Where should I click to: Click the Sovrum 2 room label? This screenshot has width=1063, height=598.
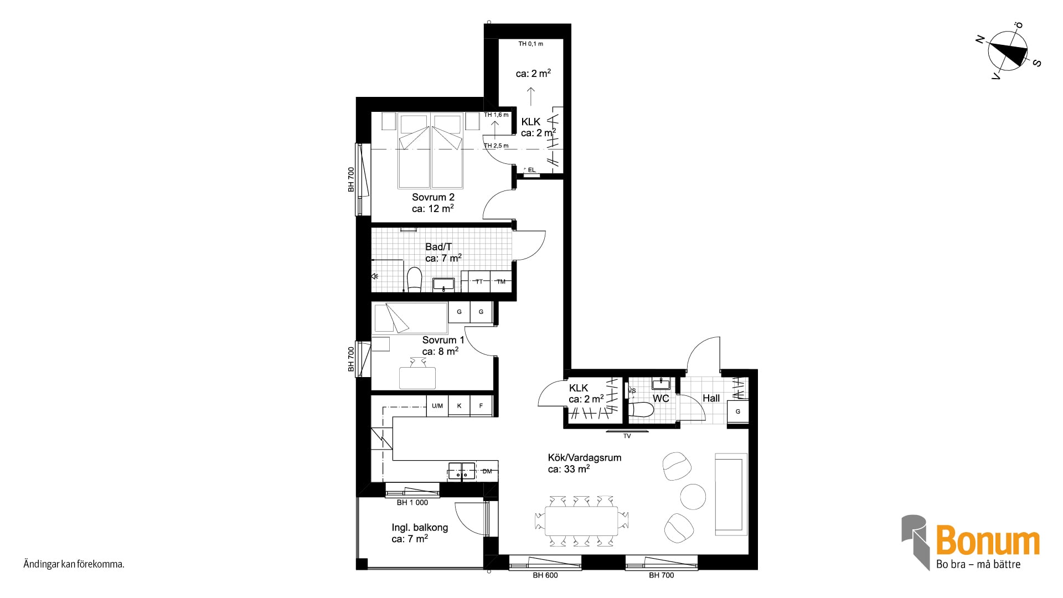coord(433,197)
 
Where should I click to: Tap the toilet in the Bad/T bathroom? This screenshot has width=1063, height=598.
coord(414,279)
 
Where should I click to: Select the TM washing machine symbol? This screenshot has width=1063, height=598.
coord(501,281)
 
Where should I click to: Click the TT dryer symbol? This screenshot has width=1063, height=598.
coord(479,281)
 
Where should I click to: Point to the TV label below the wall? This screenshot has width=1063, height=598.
coord(627,436)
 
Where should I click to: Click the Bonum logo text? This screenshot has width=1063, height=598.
coord(988,542)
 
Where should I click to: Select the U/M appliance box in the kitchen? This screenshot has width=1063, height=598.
coord(437,406)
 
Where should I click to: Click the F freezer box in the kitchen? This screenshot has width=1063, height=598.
coord(481,406)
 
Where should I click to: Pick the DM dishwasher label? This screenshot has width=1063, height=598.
coord(487,472)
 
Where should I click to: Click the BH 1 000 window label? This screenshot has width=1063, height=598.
coord(412,503)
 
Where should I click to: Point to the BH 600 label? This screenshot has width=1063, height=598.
coord(545,575)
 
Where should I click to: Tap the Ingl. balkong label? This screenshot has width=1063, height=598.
coord(420,528)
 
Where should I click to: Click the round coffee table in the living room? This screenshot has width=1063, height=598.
coord(693,497)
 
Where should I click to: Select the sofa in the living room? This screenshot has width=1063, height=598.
coord(731,494)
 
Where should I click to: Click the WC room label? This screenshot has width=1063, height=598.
coord(660,398)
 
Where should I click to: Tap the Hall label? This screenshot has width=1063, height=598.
coord(711,398)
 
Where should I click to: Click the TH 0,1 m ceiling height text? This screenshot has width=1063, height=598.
coord(530,44)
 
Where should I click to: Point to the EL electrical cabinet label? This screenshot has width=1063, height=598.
coord(531,170)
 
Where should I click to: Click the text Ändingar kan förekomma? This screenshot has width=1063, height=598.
coord(74,565)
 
